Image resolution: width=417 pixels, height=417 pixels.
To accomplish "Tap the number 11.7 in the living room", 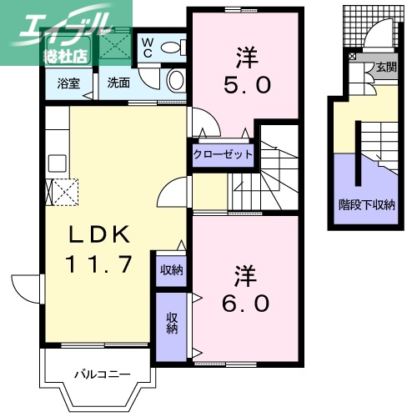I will click(98, 264).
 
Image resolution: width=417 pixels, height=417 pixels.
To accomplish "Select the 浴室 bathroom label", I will click(68, 84).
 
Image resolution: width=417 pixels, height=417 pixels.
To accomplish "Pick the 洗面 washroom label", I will click(118, 84).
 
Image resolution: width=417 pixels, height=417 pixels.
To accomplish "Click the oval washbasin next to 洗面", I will click(176, 81).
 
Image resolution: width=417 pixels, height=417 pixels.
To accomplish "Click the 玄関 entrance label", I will click(385, 67).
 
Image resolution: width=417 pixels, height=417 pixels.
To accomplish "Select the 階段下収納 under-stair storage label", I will click(366, 204).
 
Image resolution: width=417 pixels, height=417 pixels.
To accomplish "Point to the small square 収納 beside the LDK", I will click(172, 269).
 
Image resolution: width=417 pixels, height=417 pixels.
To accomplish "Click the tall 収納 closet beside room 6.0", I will click(172, 322).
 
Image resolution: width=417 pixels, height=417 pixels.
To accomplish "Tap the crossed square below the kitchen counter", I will click(64, 191).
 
